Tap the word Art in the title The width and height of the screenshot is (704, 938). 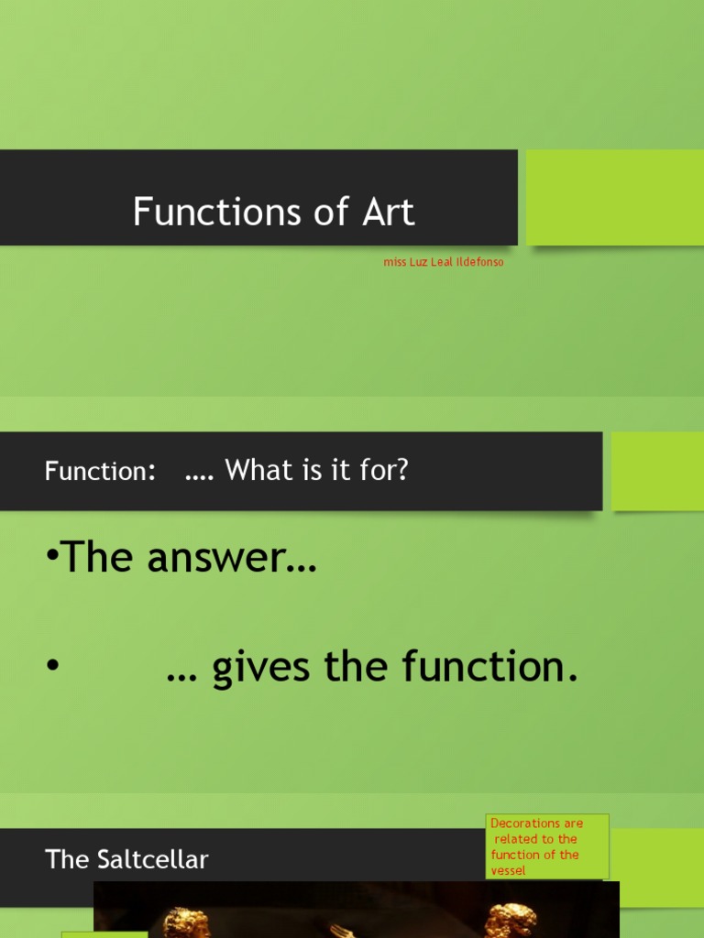click(390, 213)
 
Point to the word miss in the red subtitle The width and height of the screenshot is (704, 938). click(394, 263)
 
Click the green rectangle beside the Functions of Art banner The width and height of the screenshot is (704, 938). click(614, 197)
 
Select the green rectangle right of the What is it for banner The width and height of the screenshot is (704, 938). click(656, 471)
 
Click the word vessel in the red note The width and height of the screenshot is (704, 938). click(509, 870)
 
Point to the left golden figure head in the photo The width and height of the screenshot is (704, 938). click(186, 922)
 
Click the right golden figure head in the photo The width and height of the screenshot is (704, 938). click(511, 920)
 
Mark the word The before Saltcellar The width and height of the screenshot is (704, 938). click(66, 859)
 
